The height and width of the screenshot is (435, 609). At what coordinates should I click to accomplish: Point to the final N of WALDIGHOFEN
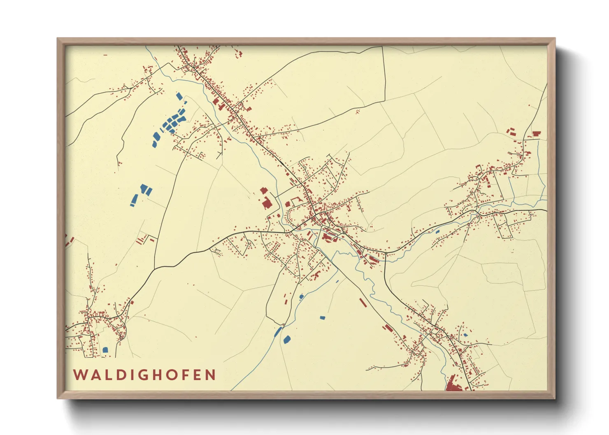211,375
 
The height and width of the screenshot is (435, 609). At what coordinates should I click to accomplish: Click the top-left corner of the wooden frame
58,39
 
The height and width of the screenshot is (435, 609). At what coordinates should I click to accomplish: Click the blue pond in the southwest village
105,350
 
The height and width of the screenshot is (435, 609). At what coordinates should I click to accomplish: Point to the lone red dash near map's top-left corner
105,55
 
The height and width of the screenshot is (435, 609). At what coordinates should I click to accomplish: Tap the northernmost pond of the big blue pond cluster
179,96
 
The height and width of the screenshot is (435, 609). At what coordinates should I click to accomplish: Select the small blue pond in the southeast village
465,335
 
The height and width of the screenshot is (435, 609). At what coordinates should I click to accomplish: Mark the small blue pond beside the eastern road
437,231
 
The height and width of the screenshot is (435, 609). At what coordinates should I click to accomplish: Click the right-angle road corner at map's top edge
383,47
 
